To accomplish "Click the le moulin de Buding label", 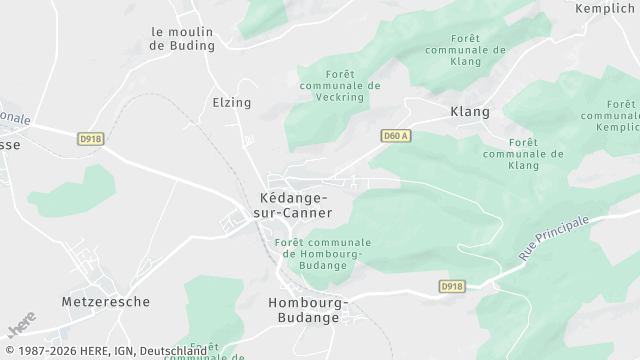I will coord(182,38).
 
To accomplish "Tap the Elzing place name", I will coord(231,103).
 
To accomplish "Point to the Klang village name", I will coord(470,111).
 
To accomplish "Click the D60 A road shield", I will coord(396,135).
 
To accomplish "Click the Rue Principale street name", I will coord(556,237).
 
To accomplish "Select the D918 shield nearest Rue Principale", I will coord(452,286).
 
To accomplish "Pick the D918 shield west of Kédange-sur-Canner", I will coord(91,139).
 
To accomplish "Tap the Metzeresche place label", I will coord(105,301).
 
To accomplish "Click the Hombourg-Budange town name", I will coord(307,309).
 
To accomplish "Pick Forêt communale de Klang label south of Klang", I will coord(523,154).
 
